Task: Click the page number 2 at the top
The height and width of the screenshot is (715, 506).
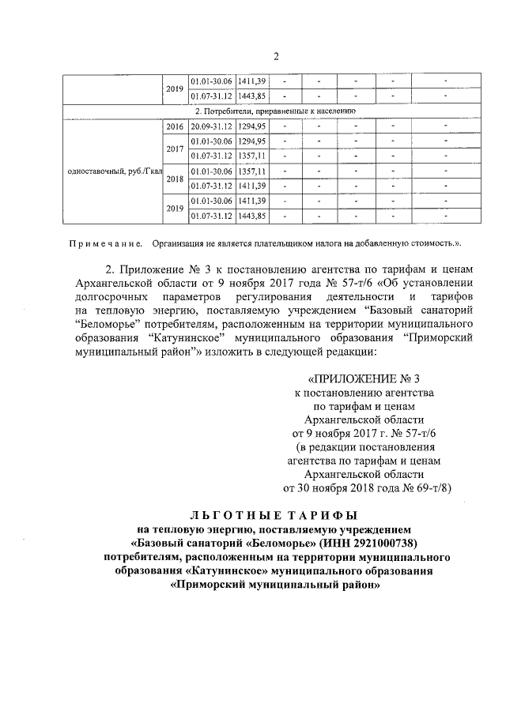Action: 276,56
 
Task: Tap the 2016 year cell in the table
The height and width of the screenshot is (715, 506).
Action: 175,126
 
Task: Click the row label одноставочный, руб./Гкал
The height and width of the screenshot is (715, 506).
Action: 116,171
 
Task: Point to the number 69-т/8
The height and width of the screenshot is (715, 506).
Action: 433,487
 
